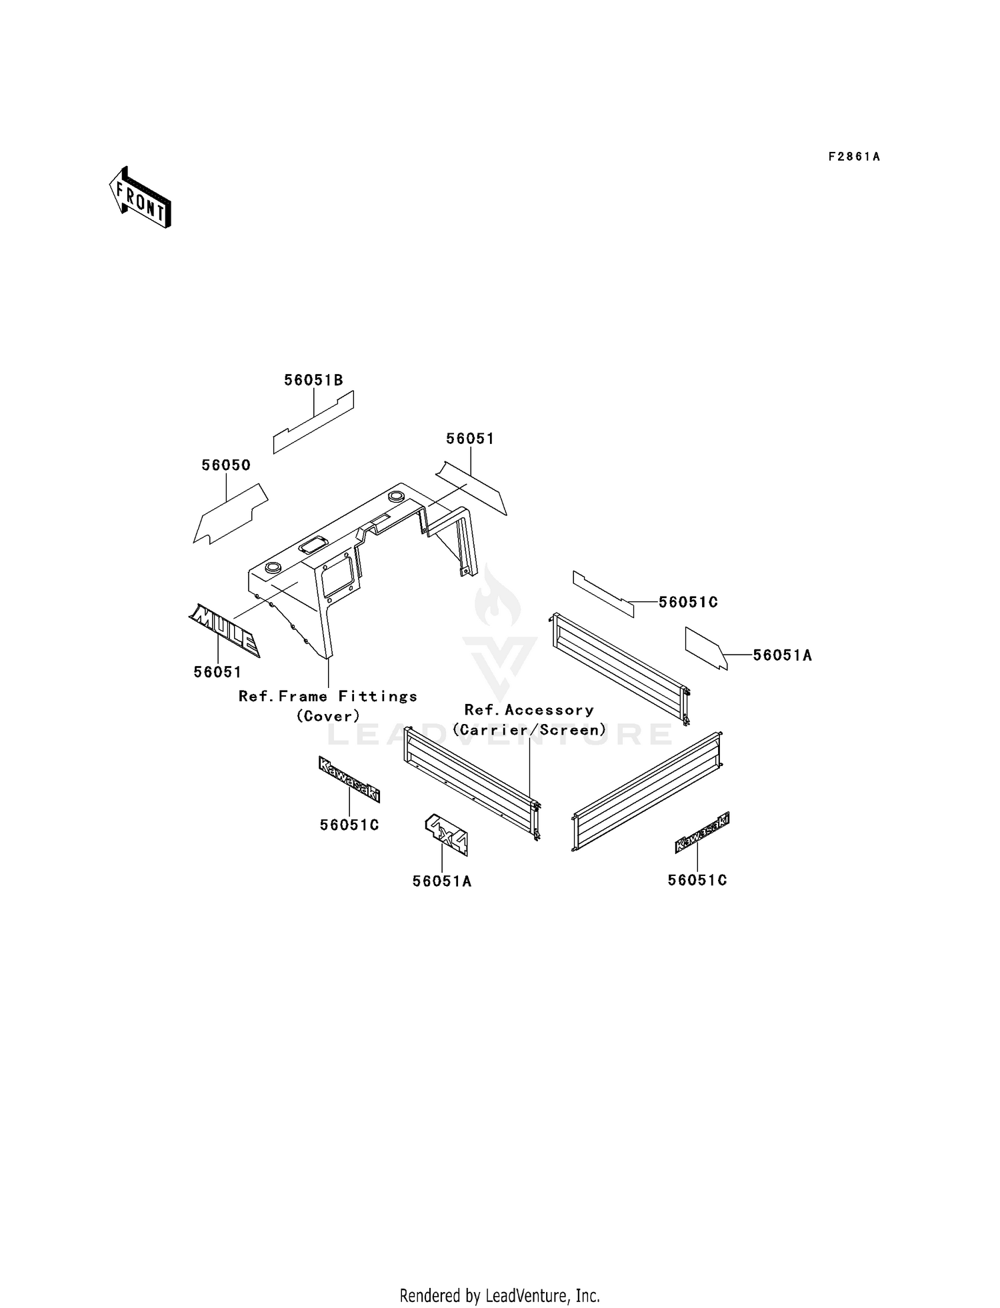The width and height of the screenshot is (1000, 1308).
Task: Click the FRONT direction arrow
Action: [140, 197]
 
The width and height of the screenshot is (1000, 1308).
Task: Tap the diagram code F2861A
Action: [854, 157]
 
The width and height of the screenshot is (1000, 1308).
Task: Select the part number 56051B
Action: [313, 380]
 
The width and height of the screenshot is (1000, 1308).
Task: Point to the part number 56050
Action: [226, 465]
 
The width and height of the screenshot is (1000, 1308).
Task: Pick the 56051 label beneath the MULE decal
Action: [217, 672]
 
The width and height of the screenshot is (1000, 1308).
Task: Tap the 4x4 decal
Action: [447, 833]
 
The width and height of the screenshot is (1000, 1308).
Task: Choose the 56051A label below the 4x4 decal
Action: [442, 881]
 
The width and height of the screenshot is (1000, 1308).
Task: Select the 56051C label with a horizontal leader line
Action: [688, 602]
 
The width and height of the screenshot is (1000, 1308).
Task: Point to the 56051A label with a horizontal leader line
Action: [783, 655]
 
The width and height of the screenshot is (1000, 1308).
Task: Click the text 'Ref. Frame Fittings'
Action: [328, 697]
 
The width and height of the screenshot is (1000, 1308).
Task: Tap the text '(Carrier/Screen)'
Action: [529, 730]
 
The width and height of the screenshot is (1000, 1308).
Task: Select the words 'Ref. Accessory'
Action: [529, 710]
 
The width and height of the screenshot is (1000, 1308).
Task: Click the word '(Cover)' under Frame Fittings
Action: [328, 716]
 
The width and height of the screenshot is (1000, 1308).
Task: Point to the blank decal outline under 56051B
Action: [313, 423]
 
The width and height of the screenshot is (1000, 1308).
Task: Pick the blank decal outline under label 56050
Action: [231, 514]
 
